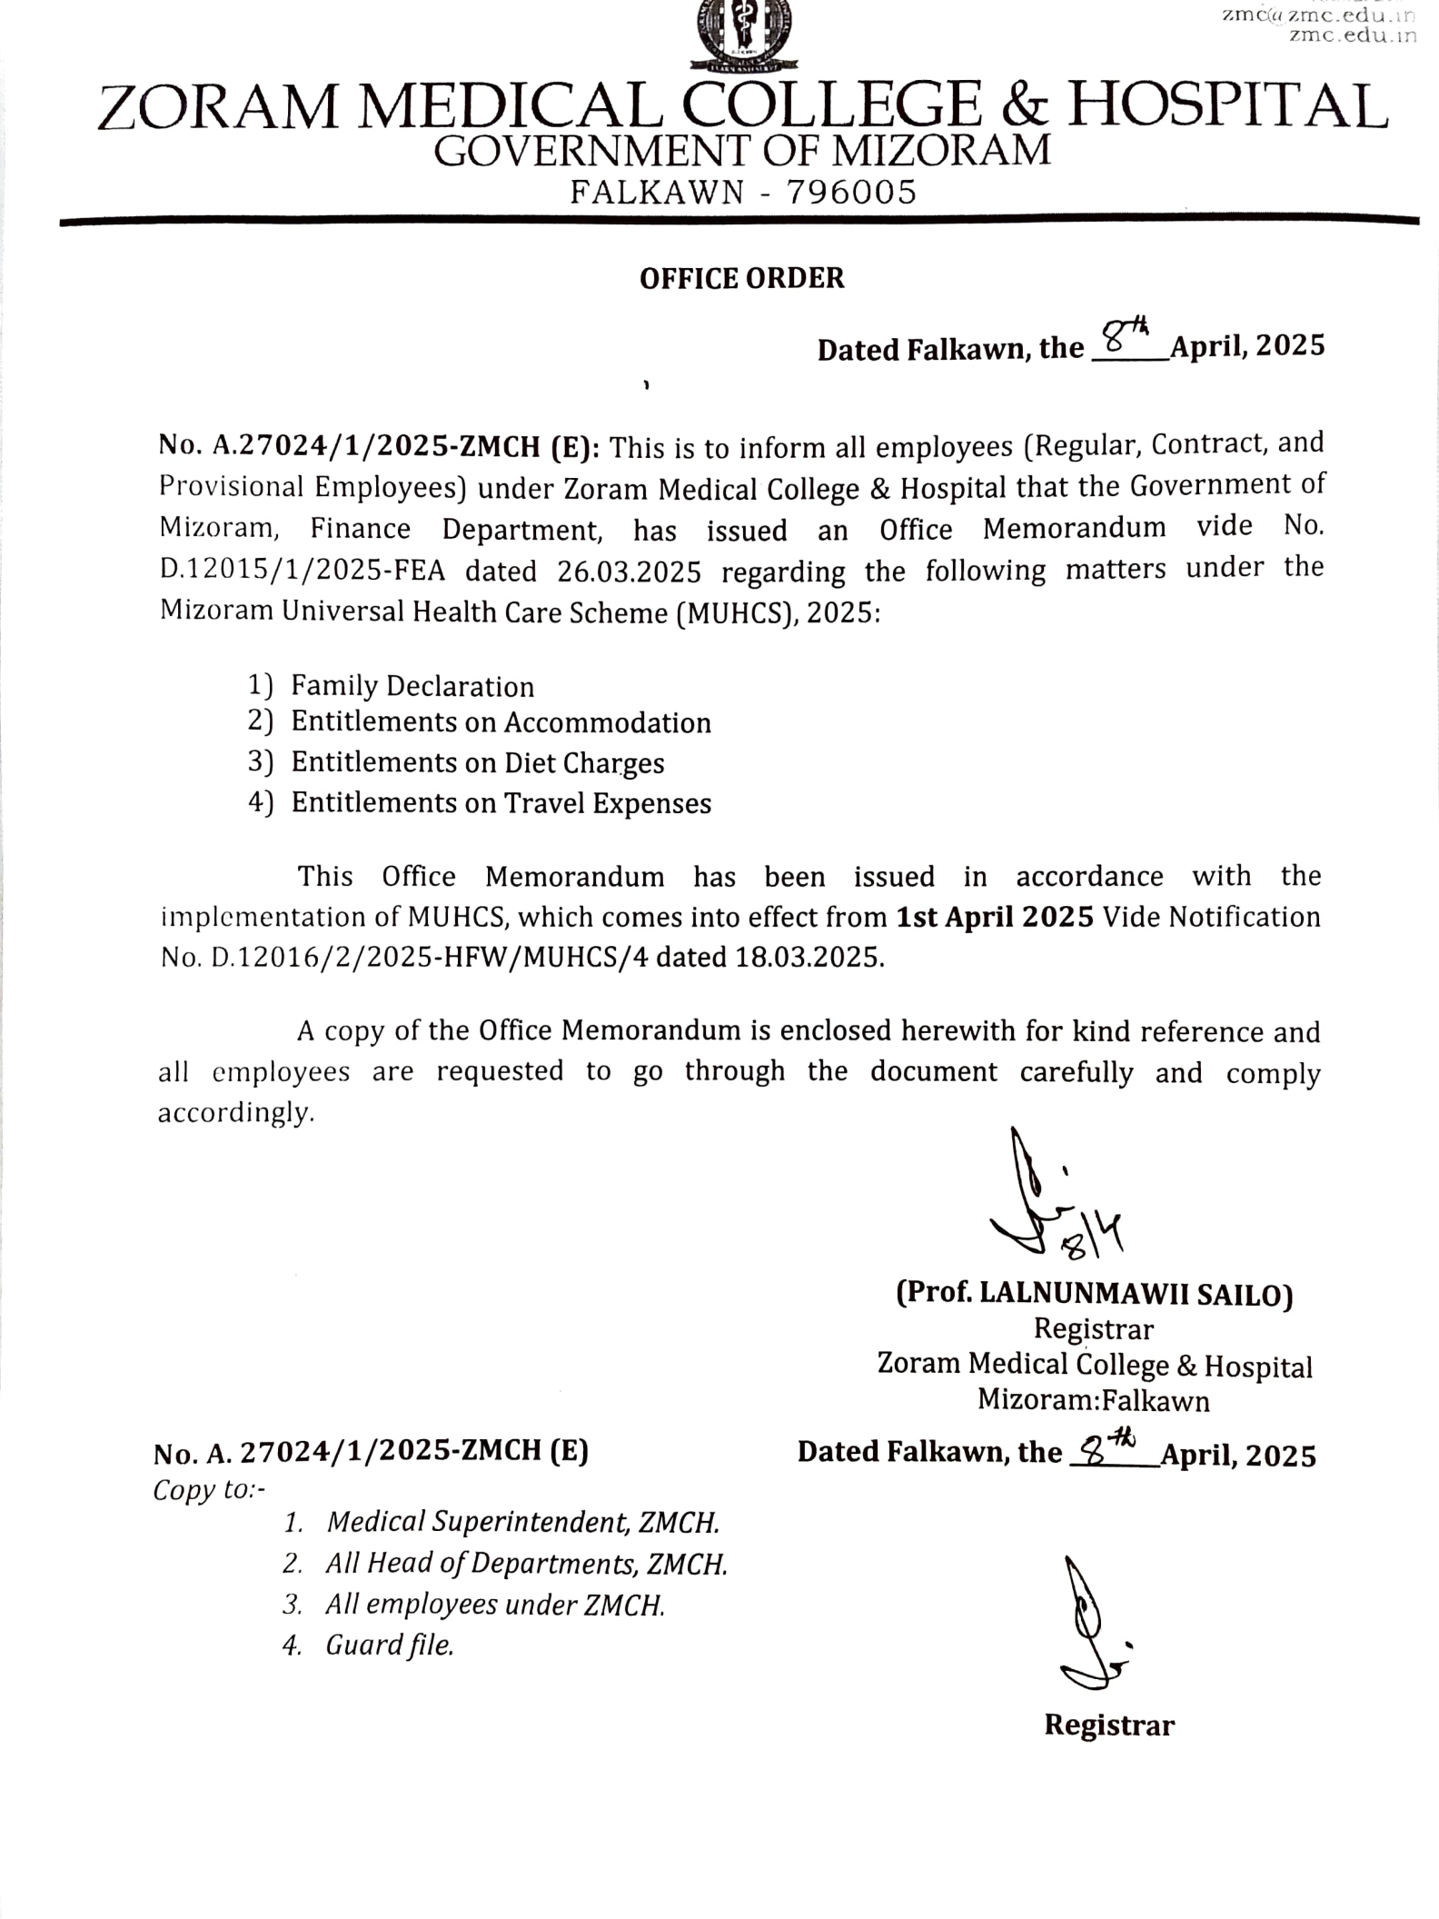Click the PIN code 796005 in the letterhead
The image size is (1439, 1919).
pos(851,193)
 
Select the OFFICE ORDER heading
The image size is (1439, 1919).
pos(741,278)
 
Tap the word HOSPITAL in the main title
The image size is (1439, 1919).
pos(1226,107)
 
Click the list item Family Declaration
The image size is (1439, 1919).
pos(412,686)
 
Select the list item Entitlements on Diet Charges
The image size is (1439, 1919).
pos(477,762)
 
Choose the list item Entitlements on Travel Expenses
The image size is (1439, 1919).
pos(501,803)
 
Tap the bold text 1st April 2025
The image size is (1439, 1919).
pos(995,917)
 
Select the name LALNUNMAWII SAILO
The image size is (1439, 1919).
pos(1130,1294)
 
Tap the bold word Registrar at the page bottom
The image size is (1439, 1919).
pos(1108,1725)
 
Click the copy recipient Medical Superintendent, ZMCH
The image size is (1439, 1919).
pos(522,1522)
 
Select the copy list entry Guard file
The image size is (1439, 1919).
pos(389,1645)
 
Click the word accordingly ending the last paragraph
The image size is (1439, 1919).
pos(236,1112)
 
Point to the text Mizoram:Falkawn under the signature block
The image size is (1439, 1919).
pos(1093,1400)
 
